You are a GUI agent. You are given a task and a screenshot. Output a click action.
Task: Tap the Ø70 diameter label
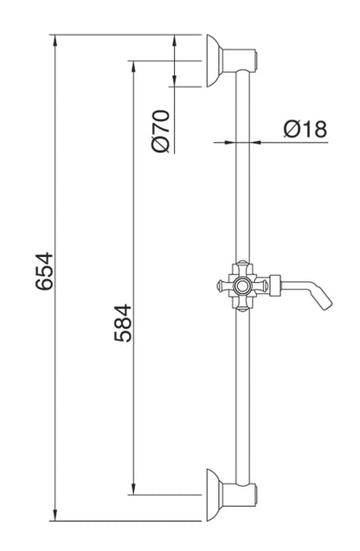click(158, 130)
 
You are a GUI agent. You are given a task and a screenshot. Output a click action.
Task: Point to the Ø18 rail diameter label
click(304, 129)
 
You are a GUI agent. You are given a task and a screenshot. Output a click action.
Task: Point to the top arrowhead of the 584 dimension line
click(132, 66)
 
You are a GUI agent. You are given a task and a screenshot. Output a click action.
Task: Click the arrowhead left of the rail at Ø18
click(230, 141)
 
